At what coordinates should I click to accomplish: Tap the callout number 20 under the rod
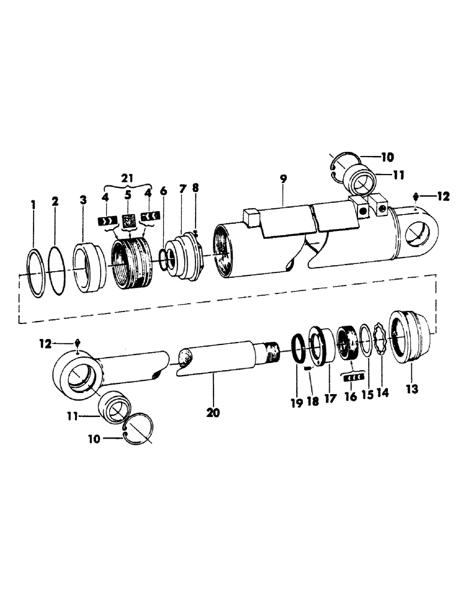point(214,412)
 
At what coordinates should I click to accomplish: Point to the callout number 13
point(411,389)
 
